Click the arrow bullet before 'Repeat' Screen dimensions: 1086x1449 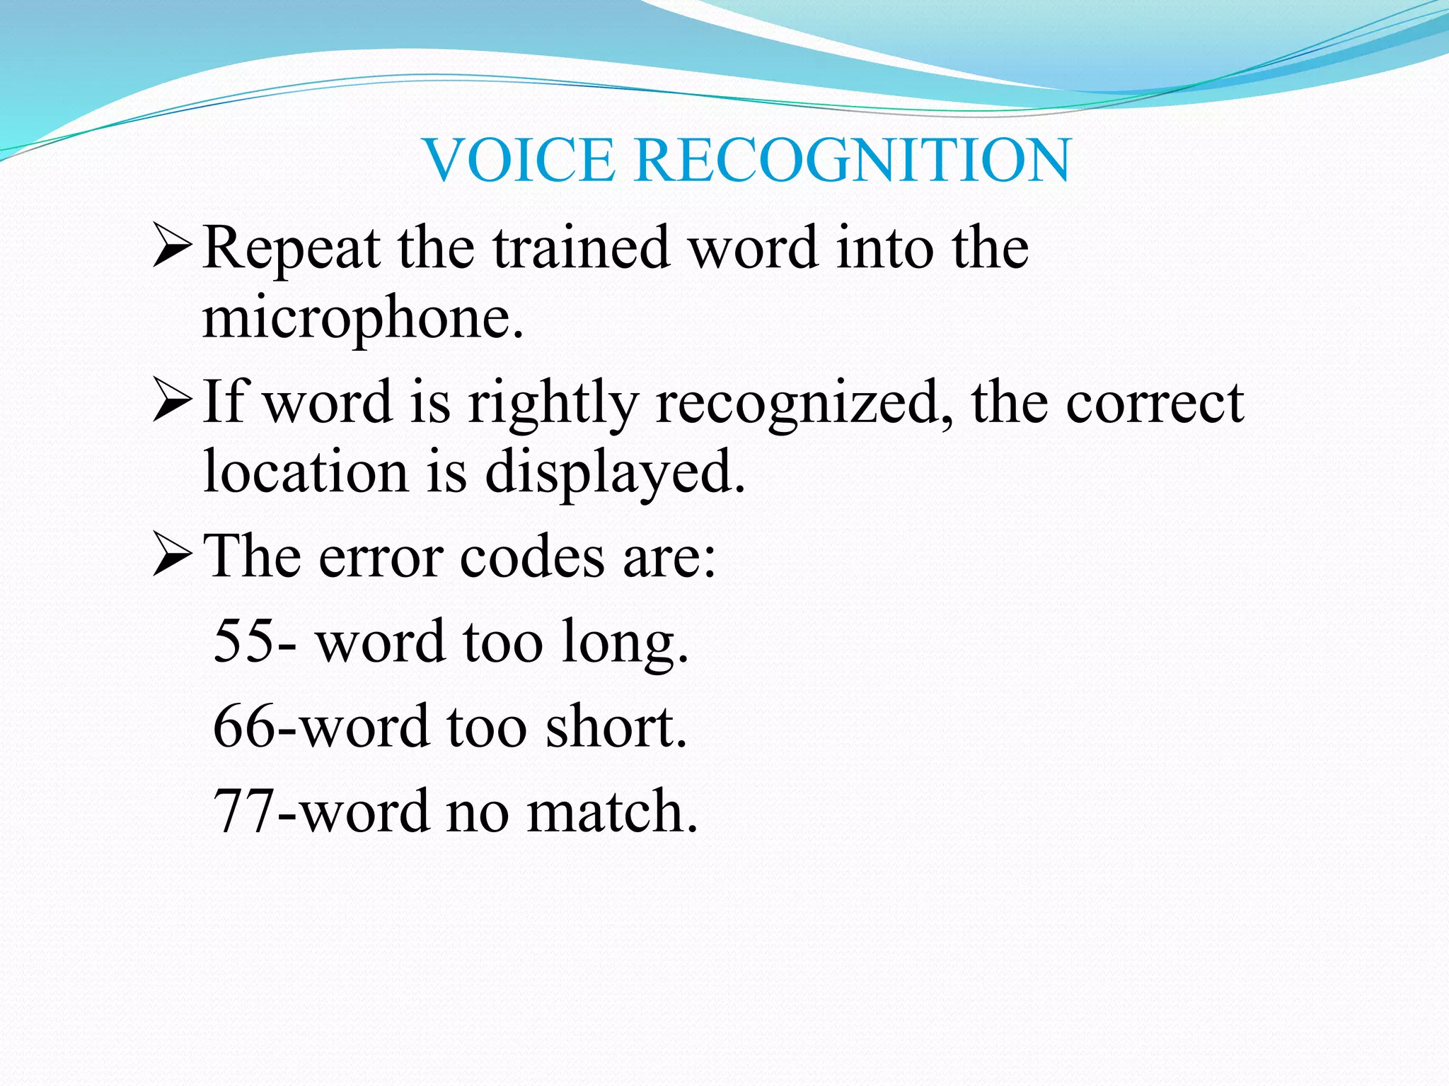click(x=172, y=245)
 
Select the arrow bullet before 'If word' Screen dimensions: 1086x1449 click(x=172, y=400)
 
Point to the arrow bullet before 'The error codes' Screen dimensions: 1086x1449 click(x=172, y=556)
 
